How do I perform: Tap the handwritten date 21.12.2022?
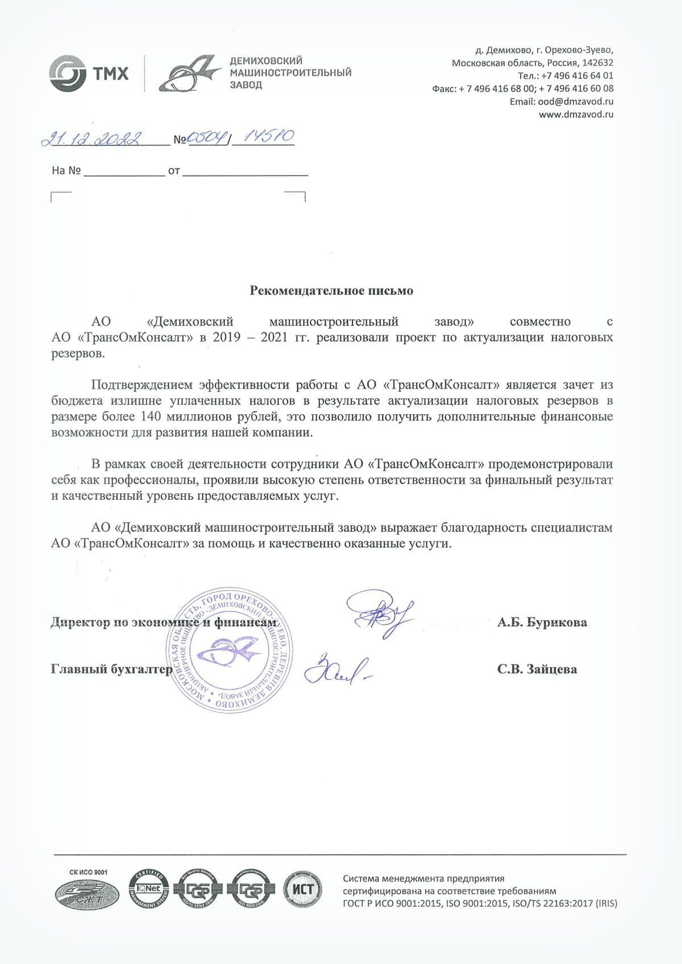[91, 139]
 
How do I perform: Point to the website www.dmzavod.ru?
[576, 114]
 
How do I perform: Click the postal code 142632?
[597, 62]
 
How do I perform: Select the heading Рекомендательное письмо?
[331, 291]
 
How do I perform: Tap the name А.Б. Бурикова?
[542, 623]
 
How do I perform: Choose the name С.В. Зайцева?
[537, 669]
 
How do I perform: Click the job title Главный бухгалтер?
[111, 669]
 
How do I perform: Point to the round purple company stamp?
[229, 652]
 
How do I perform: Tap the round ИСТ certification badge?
[302, 889]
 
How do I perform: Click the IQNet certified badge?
[149, 889]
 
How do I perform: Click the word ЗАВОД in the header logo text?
[246, 85]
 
